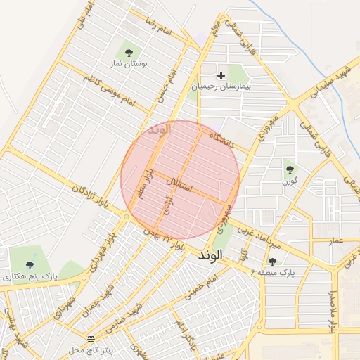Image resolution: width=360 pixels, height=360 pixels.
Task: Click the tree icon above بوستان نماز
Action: (x=129, y=52)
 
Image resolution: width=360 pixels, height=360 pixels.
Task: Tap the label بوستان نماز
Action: (x=128, y=64)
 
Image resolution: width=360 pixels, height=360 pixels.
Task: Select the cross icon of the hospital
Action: (x=221, y=75)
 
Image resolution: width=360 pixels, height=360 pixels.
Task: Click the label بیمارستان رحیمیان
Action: (x=221, y=88)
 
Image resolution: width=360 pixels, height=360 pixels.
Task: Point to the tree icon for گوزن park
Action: (x=290, y=169)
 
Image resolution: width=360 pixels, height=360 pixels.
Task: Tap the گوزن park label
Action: (x=289, y=181)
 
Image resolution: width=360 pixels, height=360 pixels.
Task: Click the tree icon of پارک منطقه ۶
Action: (x=272, y=261)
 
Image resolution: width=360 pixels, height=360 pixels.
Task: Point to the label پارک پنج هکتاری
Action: (x=29, y=277)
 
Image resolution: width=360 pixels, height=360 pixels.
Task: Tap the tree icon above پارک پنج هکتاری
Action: (x=29, y=265)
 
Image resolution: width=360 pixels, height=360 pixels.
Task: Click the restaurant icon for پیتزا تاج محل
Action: (x=90, y=338)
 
